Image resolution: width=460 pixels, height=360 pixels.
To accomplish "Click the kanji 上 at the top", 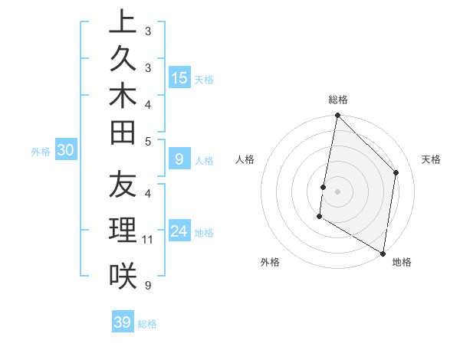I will pos(123,22).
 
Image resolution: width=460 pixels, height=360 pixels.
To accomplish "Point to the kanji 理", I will pos(123,231).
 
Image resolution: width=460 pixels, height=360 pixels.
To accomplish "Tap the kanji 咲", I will pos(123,274).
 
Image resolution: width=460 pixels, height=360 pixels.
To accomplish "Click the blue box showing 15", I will pos(179,77).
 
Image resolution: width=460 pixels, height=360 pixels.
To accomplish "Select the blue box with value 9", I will pos(179,159).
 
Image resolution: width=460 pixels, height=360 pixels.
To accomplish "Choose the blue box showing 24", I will pos(179,231).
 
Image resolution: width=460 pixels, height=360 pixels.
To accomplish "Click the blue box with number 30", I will pos(66,151).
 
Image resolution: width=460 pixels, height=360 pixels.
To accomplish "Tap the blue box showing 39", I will pos(123,322).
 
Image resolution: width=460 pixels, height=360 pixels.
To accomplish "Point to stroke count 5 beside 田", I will pos(148,141).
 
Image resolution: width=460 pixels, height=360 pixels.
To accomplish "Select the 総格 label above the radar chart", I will pos(338,100).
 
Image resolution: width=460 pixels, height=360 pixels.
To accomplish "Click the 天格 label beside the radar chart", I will pos(431,159).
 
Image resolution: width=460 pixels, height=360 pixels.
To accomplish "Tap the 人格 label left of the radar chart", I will pos(245,159).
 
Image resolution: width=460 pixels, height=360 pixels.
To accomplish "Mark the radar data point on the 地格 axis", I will pos(383,253).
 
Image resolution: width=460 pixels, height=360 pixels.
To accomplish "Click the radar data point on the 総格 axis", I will pos(337,116).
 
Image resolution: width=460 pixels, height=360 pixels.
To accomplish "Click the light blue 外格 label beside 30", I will pos(41,152).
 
